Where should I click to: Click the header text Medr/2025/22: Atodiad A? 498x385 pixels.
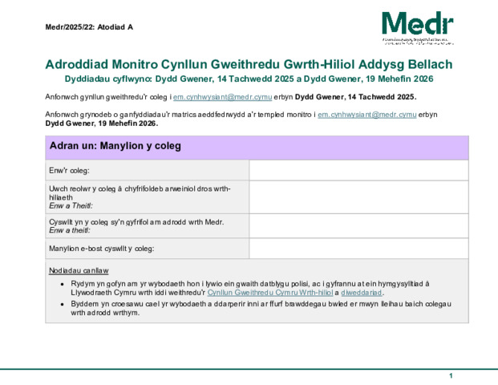coord(89,27)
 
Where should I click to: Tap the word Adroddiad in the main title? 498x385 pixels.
coord(79,64)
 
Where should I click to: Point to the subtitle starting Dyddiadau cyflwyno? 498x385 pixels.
coord(249,79)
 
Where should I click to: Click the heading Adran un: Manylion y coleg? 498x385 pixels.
coord(116,146)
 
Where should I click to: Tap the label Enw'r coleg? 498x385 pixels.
coord(69,170)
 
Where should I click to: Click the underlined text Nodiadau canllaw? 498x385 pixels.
coord(79,270)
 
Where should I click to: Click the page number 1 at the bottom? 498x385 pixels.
coord(451,376)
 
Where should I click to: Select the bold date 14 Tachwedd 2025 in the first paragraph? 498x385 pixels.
coord(381,96)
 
